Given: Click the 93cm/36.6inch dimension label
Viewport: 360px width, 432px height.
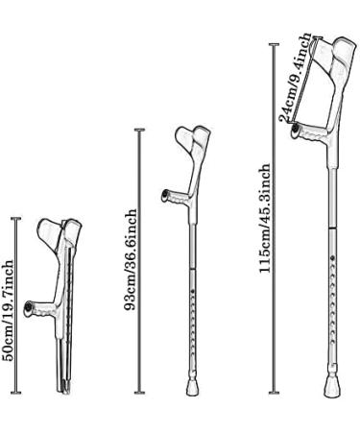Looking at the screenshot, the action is [x=132, y=259].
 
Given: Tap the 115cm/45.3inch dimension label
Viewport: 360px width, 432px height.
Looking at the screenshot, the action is [x=264, y=218].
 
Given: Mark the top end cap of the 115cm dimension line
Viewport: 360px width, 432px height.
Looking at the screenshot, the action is [x=274, y=44].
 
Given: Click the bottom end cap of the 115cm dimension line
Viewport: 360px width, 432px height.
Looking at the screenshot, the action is [x=274, y=392].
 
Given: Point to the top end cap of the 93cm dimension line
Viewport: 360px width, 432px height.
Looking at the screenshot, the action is [x=140, y=130].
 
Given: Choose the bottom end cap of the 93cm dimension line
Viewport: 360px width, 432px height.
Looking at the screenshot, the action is [x=140, y=392].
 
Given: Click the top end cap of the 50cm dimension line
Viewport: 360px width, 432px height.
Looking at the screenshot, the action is [x=16, y=219].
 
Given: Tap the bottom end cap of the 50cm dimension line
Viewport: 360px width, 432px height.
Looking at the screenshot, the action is [x=16, y=392].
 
